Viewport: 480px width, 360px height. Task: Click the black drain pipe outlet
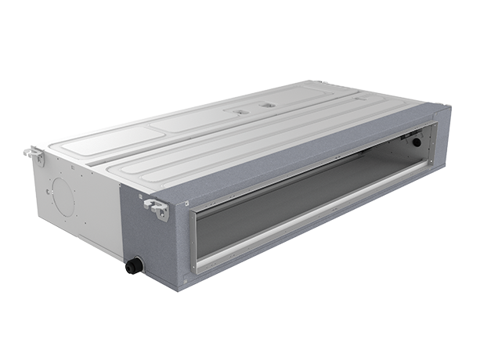point(134,266)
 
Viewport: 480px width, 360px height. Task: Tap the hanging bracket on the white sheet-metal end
point(34,154)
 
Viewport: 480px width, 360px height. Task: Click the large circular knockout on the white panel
point(63,196)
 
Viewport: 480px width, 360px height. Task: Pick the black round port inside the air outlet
point(416,142)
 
